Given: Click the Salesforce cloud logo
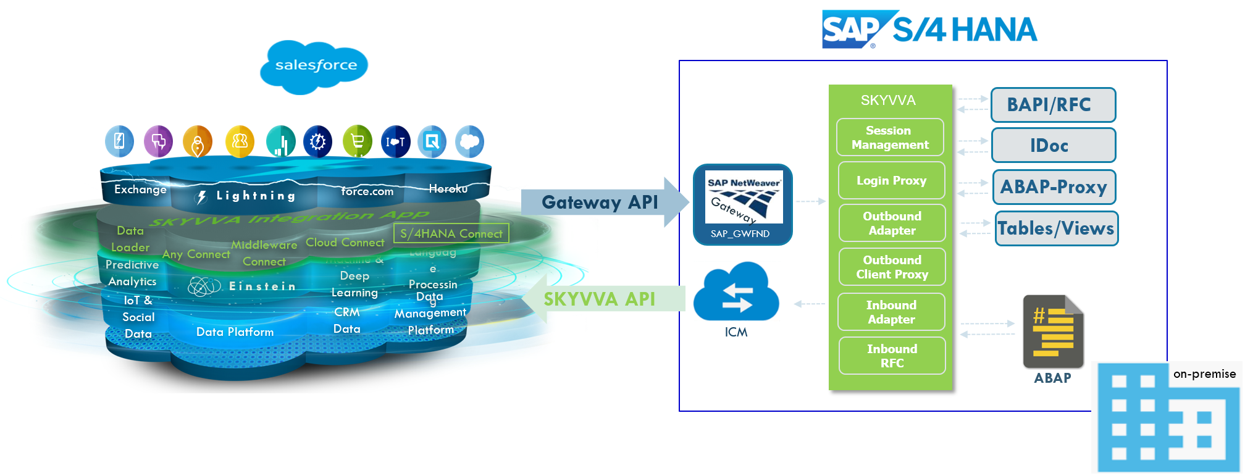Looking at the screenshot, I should [314, 67].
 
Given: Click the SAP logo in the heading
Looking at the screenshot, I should [851, 29].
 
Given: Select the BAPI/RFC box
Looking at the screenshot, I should [1052, 105].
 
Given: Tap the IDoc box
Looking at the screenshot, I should [1052, 146].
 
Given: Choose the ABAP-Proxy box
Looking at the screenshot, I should [1054, 187].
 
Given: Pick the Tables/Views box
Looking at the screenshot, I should [1056, 228].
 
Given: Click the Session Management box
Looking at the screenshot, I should [890, 138].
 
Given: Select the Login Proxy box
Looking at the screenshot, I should [891, 180].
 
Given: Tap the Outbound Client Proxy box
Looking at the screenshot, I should [892, 267].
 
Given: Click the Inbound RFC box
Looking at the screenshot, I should [892, 356].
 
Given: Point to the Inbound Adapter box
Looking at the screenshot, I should [891, 312].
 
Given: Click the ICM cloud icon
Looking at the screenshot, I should [736, 293].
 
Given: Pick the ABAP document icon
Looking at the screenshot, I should [1053, 332].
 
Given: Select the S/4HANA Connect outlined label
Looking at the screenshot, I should [451, 233].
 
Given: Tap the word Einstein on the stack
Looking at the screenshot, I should [262, 286].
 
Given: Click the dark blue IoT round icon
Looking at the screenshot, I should [395, 142].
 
